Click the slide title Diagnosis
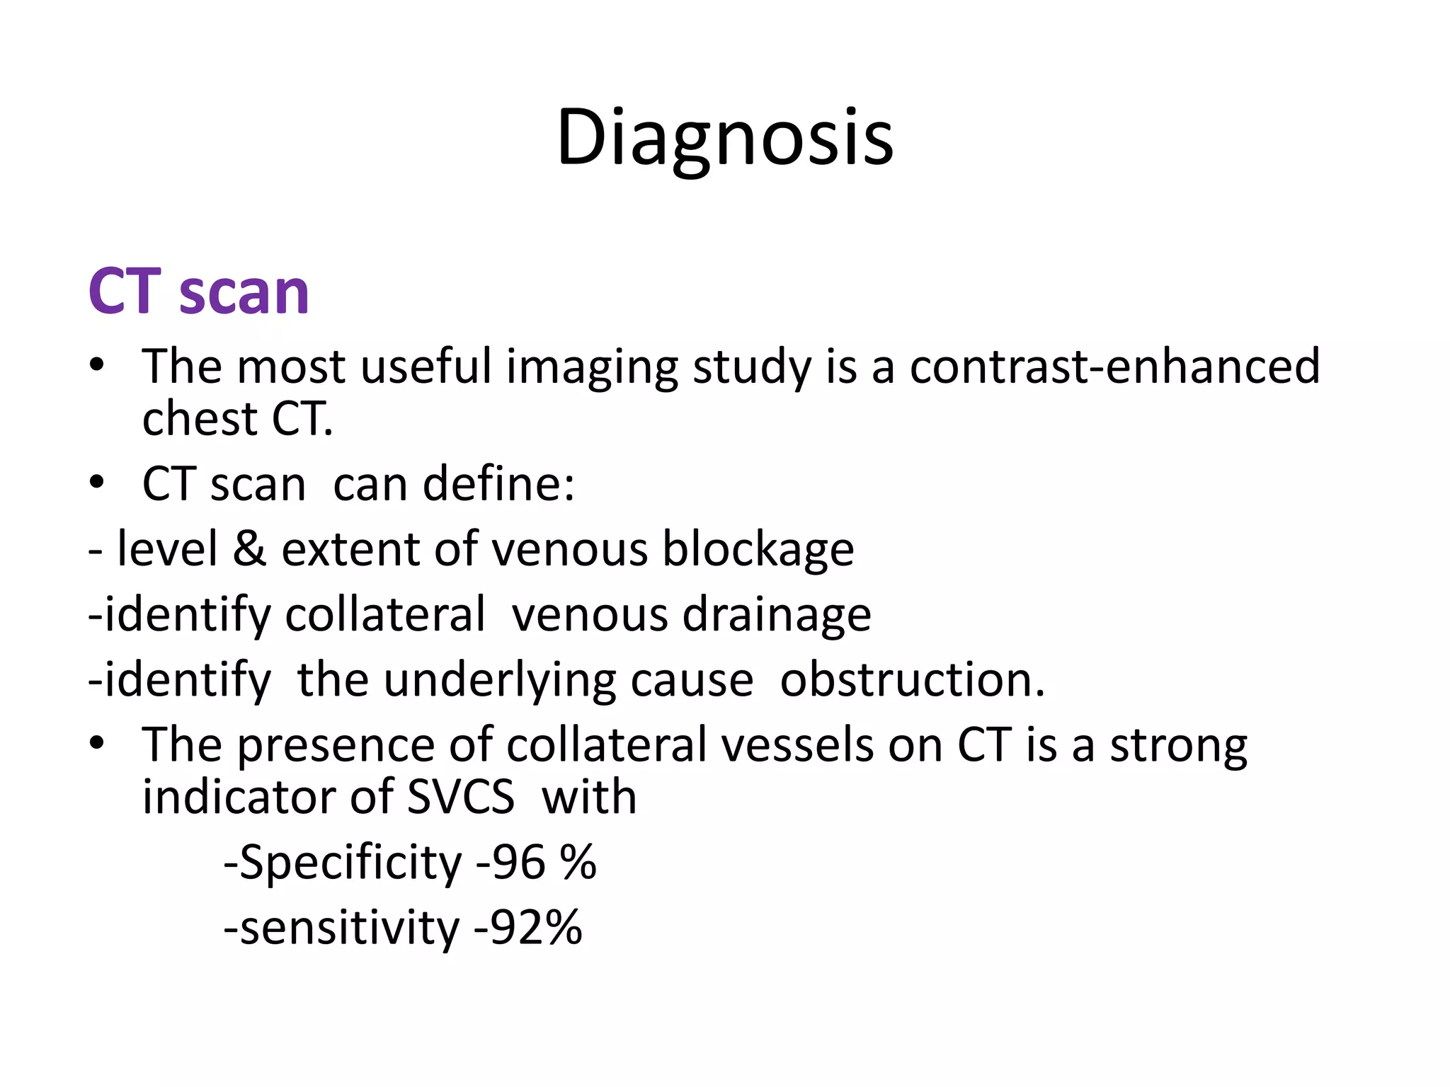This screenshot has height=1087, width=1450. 724,138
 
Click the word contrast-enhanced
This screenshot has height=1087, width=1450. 1114,367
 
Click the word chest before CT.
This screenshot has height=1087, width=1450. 200,419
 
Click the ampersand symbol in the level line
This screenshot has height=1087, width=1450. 249,549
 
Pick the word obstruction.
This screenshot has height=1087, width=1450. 912,680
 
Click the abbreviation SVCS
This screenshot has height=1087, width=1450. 461,798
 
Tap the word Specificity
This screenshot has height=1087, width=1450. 350,863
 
